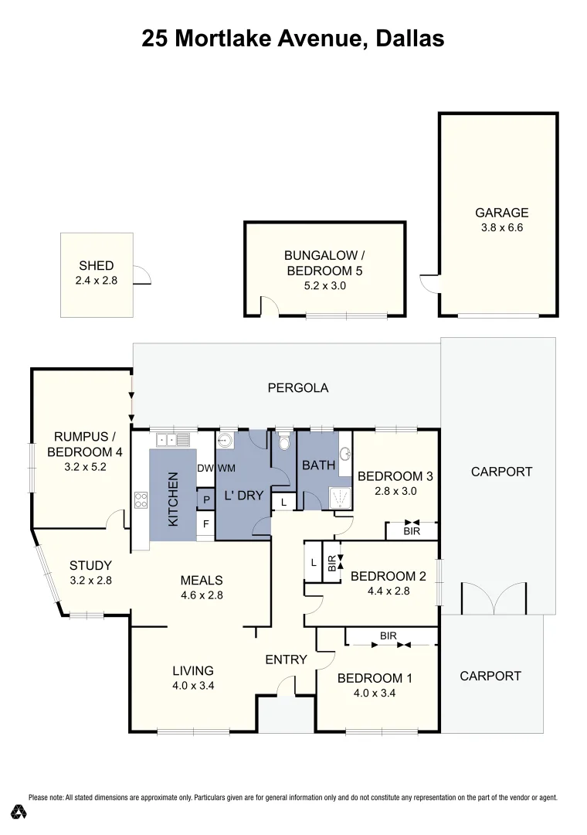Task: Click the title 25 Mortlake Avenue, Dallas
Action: (293, 39)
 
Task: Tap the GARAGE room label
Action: (501, 213)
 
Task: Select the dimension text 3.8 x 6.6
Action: (501, 228)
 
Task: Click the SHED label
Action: (96, 266)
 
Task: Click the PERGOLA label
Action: (297, 387)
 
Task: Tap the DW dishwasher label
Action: (205, 468)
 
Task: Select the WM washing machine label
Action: (226, 468)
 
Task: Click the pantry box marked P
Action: (205, 499)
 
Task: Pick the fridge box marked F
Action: (205, 523)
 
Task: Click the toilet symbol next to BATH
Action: (283, 442)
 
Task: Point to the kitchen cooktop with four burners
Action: (141, 499)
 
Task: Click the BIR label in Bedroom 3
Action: (411, 531)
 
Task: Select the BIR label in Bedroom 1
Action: (388, 636)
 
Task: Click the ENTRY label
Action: (286, 659)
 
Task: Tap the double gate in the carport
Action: (493, 598)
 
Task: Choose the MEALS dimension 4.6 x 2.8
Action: (201, 595)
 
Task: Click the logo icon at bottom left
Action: (19, 812)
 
